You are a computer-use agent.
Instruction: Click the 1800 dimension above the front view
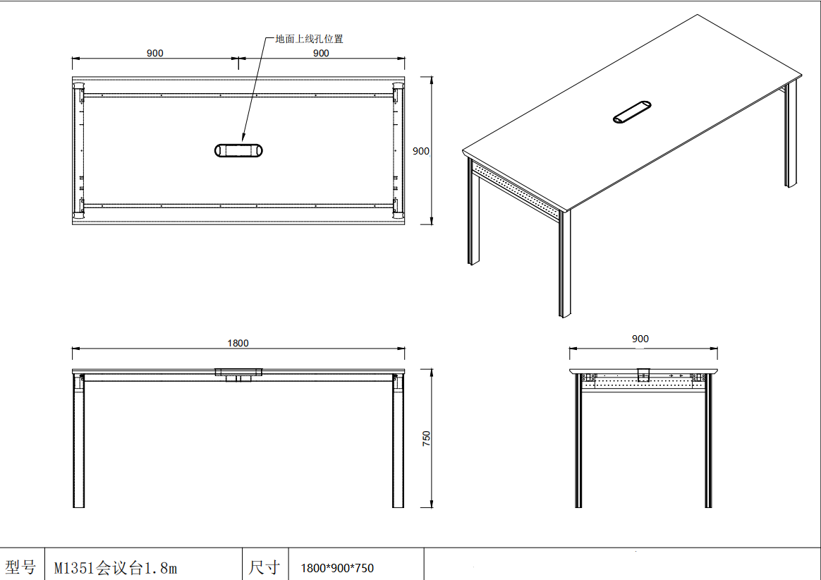point(238,343)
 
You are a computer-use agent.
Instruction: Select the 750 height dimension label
point(426,439)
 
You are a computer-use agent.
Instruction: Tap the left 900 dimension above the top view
point(155,53)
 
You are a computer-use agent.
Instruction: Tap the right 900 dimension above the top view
point(321,53)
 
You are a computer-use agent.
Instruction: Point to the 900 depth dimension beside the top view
point(421,151)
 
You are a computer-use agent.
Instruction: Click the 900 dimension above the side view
point(640,339)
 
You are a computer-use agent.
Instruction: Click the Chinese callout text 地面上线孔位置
point(310,39)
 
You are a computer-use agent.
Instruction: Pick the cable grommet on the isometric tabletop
point(632,112)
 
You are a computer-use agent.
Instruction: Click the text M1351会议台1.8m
point(116,568)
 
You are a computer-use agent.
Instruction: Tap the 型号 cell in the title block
point(20,567)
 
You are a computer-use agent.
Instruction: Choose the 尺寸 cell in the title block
point(264,567)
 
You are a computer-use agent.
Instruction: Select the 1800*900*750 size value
point(337,568)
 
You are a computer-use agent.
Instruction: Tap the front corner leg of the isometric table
point(564,264)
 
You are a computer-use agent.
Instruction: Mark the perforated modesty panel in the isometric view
point(516,188)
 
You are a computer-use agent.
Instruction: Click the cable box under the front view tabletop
point(238,375)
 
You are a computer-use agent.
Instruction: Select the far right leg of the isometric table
point(791,133)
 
